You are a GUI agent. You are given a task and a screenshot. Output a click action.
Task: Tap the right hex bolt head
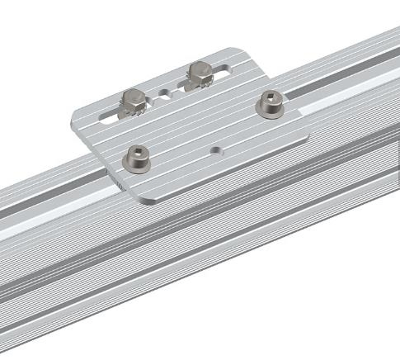[x=199, y=70]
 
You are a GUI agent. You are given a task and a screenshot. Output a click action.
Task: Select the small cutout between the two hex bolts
[x=169, y=93]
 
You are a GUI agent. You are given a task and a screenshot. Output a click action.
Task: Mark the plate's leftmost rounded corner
[x=74, y=115]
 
